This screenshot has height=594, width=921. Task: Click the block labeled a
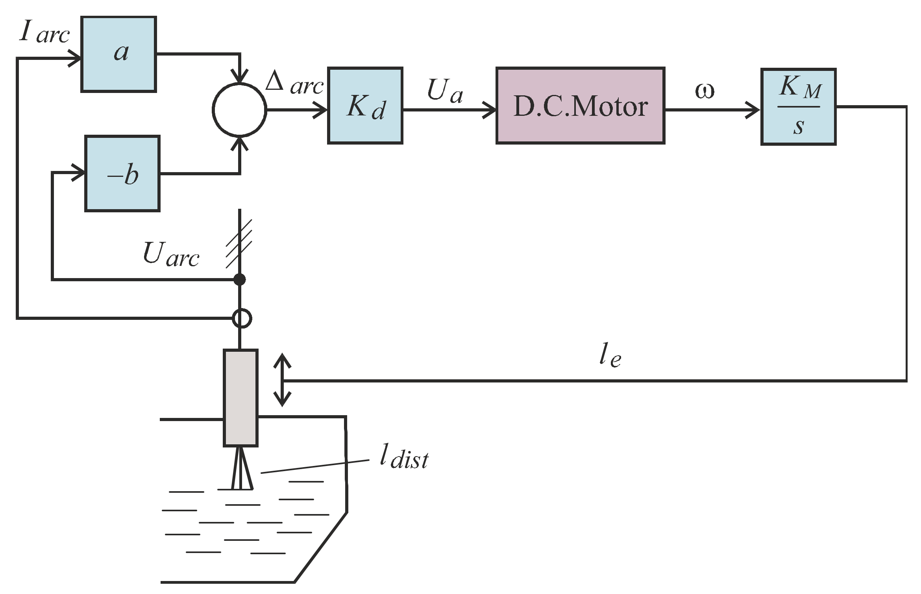pyautogui.click(x=118, y=54)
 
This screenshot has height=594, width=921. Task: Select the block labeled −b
pyautogui.click(x=122, y=174)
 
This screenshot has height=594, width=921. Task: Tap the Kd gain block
pyautogui.click(x=365, y=106)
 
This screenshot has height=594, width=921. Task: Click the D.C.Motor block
pyautogui.click(x=580, y=106)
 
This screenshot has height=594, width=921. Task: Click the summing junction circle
pyautogui.click(x=239, y=110)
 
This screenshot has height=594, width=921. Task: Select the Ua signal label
pyautogui.click(x=445, y=91)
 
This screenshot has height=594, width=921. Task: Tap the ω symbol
pyautogui.click(x=705, y=91)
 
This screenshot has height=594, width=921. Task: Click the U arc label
pyautogui.click(x=171, y=254)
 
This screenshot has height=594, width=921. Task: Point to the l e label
pyautogui.click(x=610, y=356)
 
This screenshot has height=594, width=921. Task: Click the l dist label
pyautogui.click(x=404, y=457)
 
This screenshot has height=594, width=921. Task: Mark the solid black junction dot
pyautogui.click(x=239, y=280)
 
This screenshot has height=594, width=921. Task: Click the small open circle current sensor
pyautogui.click(x=242, y=318)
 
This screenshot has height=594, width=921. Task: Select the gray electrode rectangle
pyautogui.click(x=240, y=398)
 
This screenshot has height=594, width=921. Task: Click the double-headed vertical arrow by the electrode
pyautogui.click(x=282, y=380)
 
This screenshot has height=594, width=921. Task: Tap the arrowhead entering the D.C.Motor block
pyautogui.click(x=490, y=110)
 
